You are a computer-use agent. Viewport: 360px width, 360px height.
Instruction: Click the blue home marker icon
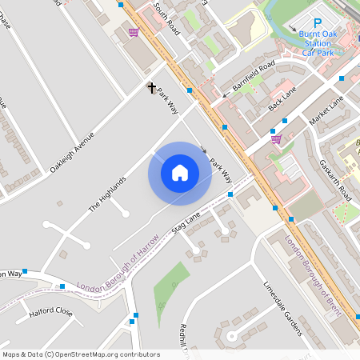tap(180, 173)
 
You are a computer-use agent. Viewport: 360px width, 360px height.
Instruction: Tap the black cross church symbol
tap(151, 87)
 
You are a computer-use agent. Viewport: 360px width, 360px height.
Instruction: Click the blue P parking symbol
tap(317, 24)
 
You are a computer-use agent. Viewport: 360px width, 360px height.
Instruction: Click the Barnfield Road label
tap(254, 74)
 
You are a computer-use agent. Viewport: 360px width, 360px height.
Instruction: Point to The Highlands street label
tap(107, 194)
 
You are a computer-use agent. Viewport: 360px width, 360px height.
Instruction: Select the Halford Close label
tap(50, 312)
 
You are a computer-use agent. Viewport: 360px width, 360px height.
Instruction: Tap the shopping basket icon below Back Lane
tap(276, 139)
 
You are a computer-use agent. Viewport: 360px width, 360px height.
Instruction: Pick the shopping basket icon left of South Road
tap(134, 33)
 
